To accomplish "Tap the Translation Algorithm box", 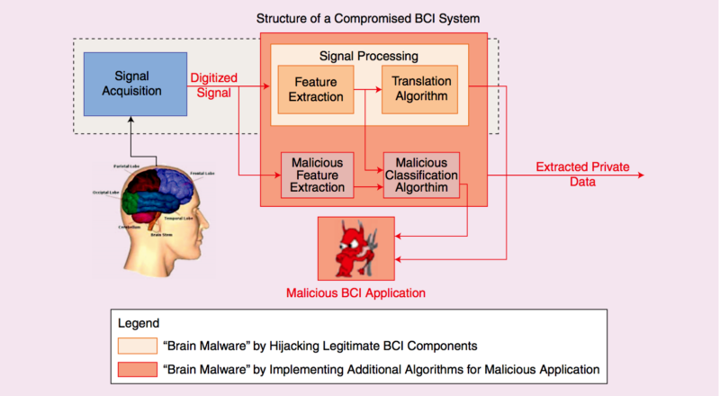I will (x=420, y=89).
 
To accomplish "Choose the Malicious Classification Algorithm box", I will (x=422, y=174).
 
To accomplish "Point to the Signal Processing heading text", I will (x=370, y=55).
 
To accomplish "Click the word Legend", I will (x=139, y=323).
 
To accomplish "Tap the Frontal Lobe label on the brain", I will (x=202, y=173).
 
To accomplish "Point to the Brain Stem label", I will (x=162, y=234).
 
